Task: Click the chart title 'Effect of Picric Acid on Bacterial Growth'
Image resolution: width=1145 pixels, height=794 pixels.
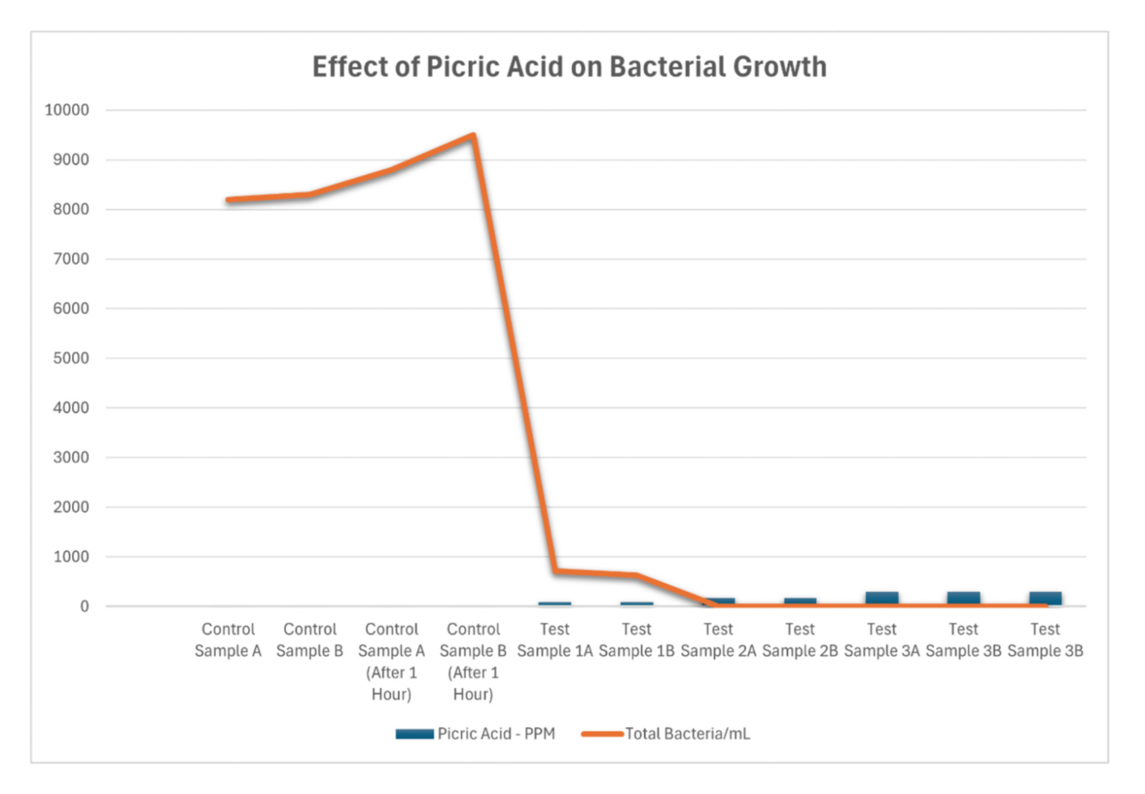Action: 569,67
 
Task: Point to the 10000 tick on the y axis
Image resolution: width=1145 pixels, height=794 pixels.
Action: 67,110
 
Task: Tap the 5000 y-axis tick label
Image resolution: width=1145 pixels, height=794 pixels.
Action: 71,358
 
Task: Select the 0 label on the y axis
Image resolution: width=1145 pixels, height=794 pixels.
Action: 84,607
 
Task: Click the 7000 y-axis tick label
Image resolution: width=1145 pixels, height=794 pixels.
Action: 71,259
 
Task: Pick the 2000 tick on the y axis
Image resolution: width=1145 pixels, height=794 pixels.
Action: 71,507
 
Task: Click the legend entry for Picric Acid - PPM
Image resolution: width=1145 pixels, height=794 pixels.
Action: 476,734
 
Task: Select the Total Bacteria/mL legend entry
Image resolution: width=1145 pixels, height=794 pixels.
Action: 666,734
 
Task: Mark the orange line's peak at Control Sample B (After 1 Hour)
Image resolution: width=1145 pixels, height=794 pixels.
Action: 473,137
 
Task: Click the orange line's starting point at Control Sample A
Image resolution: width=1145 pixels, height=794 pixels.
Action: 229,200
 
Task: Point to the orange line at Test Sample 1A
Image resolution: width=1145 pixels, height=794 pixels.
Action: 555,571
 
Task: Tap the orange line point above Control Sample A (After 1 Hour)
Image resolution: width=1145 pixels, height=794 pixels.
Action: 392,169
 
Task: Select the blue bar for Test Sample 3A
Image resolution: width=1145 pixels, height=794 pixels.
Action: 881,599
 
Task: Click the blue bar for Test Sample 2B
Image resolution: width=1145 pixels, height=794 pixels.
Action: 799,602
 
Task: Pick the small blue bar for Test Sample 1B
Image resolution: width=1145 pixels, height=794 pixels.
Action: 636,604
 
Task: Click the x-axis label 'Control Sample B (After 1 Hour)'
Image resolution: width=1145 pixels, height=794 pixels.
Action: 473,661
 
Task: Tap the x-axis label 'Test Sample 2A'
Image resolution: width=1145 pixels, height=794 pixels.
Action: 718,639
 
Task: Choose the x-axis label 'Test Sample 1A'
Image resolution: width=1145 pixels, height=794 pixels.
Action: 555,639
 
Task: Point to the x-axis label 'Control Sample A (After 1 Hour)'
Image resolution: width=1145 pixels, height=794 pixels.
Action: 392,661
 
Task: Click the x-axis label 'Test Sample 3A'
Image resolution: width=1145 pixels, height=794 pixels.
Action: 881,639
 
